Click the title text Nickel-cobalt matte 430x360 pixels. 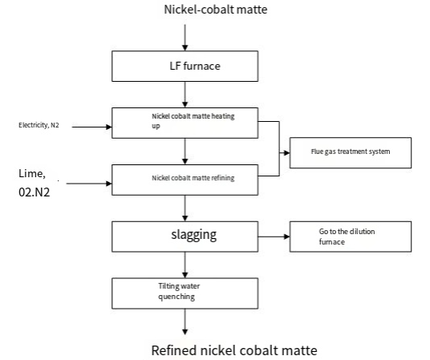pos(216,10)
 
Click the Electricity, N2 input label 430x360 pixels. pos(39,125)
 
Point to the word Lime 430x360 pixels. pos(31,173)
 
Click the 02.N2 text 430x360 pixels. pos(34,192)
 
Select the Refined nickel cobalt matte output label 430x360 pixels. pos(234,350)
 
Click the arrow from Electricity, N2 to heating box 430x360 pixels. pos(92,127)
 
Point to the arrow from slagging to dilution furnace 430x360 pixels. pos(274,237)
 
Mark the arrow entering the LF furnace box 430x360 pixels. pos(185,38)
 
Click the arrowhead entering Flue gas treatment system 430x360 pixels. pos(286,152)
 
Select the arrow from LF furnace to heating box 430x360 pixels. pos(185,95)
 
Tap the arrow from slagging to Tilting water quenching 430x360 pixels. pos(185,265)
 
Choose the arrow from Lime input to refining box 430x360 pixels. pos(89,184)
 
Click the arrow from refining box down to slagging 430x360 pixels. pos(185,208)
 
